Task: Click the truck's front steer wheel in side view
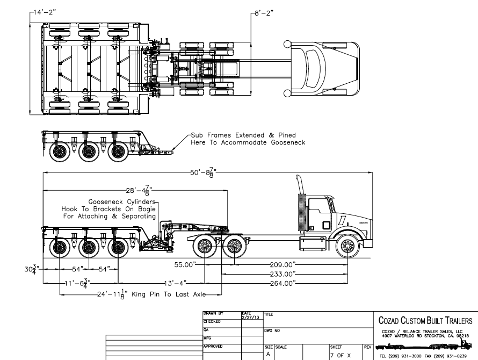coord(346,247)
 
